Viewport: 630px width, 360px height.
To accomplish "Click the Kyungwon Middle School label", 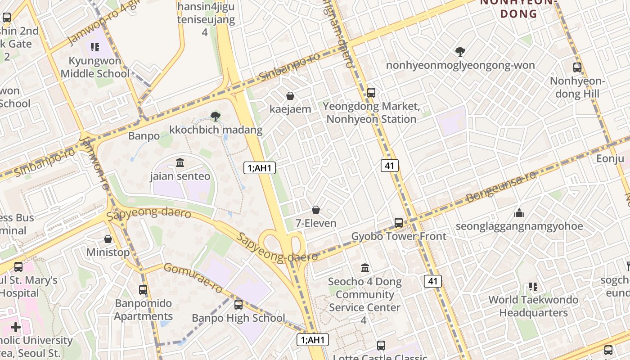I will pos(94,67).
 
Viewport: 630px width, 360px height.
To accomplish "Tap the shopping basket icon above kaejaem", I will pos(290,96).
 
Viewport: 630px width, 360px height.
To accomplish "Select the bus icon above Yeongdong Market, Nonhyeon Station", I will pos(371,93).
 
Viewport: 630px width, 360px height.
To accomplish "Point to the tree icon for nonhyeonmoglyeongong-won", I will pos(460,52).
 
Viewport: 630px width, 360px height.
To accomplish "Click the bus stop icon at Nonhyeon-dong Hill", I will pos(577,67).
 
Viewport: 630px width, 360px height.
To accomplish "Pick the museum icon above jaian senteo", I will pos(180,162).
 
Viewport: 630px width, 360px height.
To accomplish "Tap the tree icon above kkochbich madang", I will pos(216,117).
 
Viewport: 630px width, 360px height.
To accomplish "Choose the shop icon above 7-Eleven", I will pos(316,210).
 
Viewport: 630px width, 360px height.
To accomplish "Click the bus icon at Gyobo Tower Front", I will pos(399,222).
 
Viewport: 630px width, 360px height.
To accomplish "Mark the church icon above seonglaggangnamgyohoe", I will pos(519,212).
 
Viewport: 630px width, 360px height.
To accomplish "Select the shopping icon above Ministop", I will pos(108,239).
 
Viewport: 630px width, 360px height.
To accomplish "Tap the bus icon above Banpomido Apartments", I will pos(143,290).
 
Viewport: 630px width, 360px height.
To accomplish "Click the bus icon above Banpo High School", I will pos(238,305).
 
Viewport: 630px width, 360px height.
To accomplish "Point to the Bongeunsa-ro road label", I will pos(501,186).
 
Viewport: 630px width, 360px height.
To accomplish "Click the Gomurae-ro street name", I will pos(193,277).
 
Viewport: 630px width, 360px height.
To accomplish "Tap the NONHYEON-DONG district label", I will pos(519,8).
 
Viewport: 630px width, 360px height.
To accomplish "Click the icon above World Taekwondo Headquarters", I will pos(533,286).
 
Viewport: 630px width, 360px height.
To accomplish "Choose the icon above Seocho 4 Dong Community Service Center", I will pos(365,268).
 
